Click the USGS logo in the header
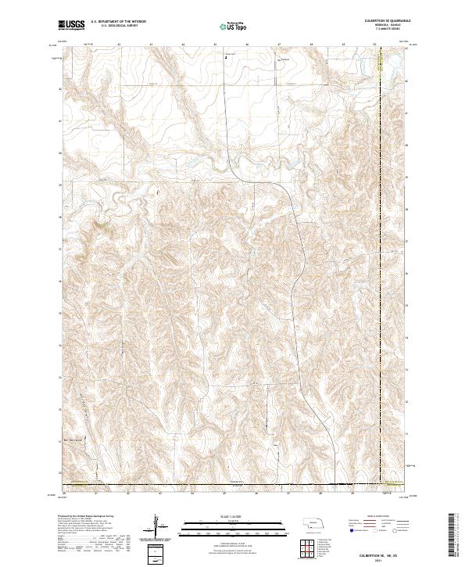click(71, 26)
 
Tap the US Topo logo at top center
click(229, 27)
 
